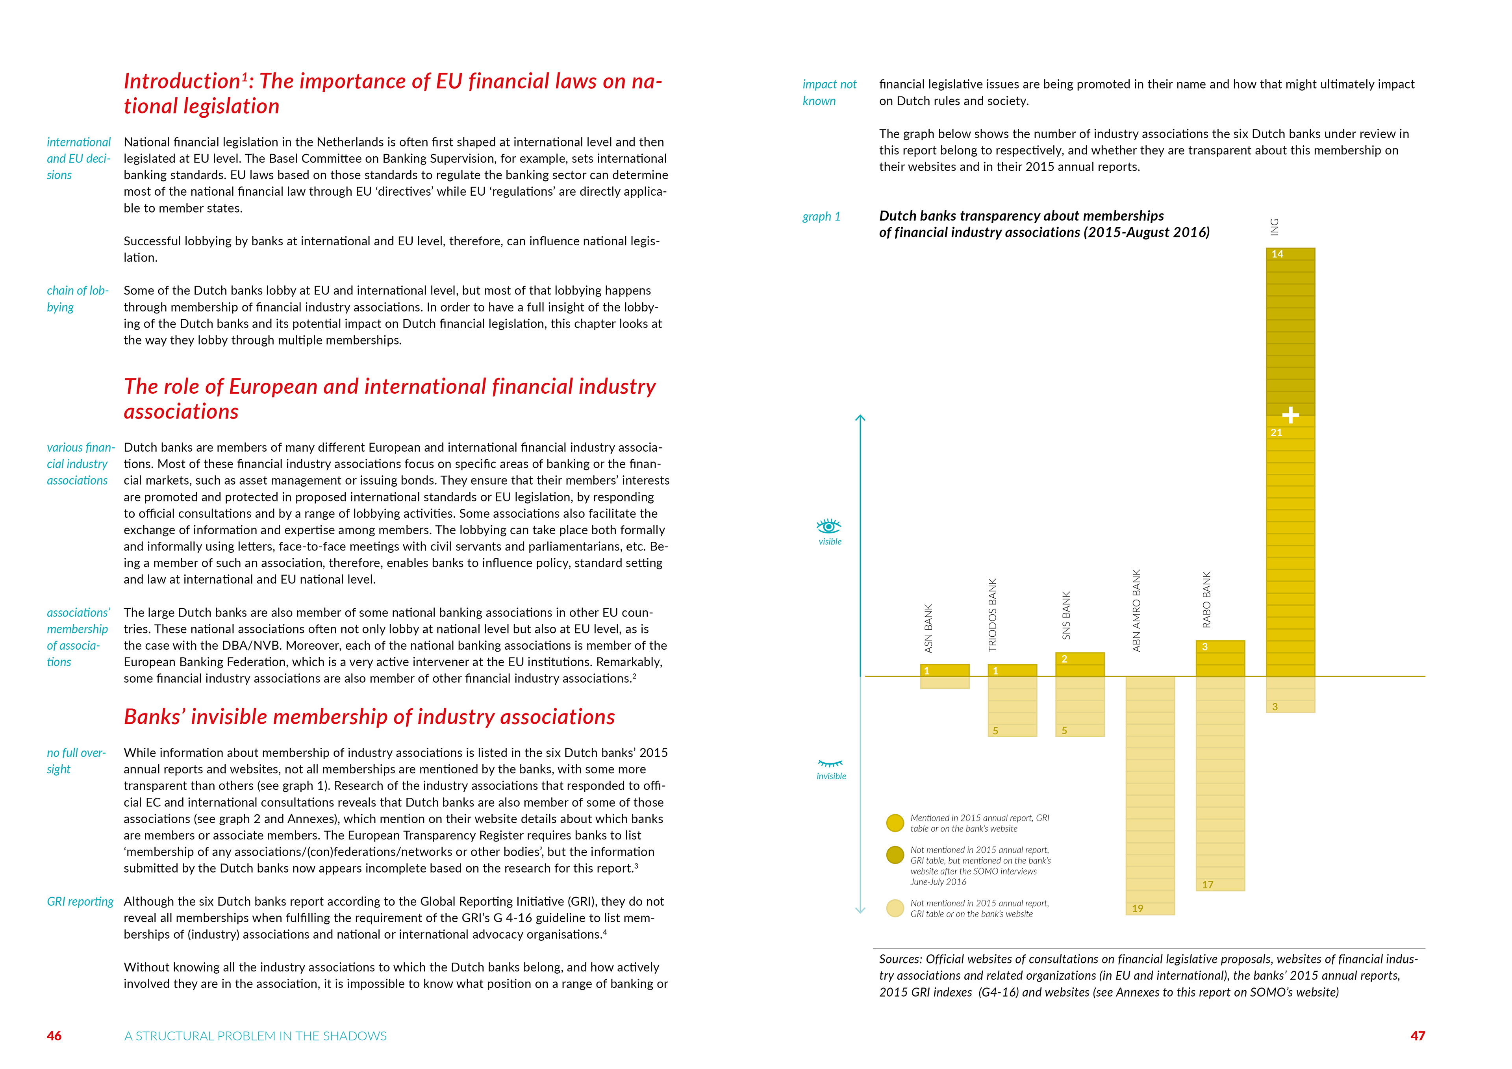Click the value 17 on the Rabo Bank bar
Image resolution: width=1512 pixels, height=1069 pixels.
click(1207, 885)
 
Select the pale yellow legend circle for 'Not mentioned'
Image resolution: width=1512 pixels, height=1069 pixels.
click(895, 908)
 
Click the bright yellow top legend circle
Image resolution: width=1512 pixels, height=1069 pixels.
click(895, 823)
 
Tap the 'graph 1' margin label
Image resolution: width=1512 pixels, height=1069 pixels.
click(821, 217)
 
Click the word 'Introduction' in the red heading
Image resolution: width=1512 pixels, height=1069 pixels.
click(182, 81)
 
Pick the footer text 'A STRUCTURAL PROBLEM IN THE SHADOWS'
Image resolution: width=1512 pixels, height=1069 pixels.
click(256, 1036)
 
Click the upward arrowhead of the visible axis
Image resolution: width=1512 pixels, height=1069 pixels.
click(860, 418)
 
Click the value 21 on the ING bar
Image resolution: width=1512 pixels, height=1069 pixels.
click(1276, 433)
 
